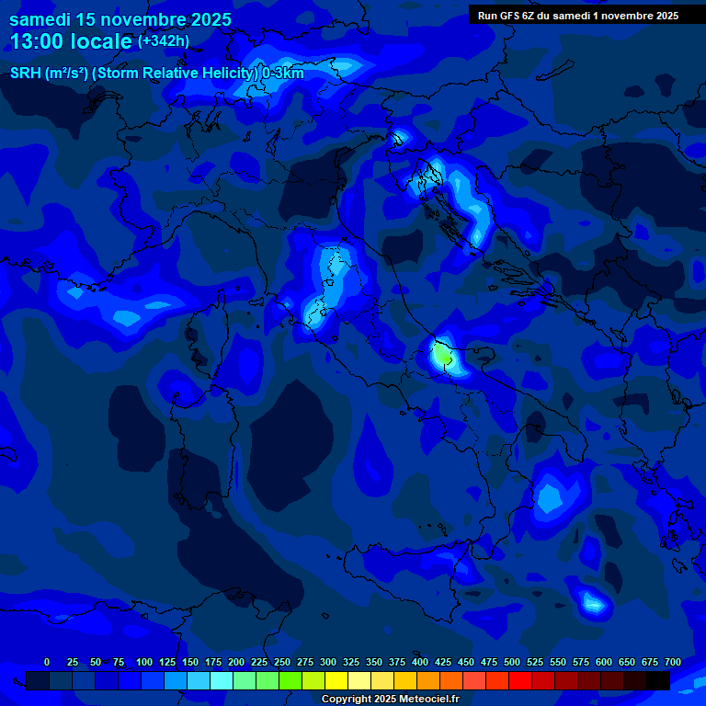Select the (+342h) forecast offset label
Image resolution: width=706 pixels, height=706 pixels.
click(x=164, y=41)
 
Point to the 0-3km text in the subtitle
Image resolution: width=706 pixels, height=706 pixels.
click(x=282, y=74)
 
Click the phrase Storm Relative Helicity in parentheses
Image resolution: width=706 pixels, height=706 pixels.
click(x=176, y=74)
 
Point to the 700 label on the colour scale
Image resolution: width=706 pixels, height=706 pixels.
click(x=672, y=662)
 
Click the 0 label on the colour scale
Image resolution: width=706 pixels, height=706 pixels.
click(x=47, y=662)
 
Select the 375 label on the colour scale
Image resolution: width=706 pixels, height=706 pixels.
click(x=373, y=662)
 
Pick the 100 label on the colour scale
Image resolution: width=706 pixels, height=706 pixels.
click(x=143, y=662)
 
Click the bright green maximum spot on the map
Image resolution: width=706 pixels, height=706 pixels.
click(x=443, y=353)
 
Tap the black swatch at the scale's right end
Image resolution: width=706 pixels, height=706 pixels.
click(x=658, y=680)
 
